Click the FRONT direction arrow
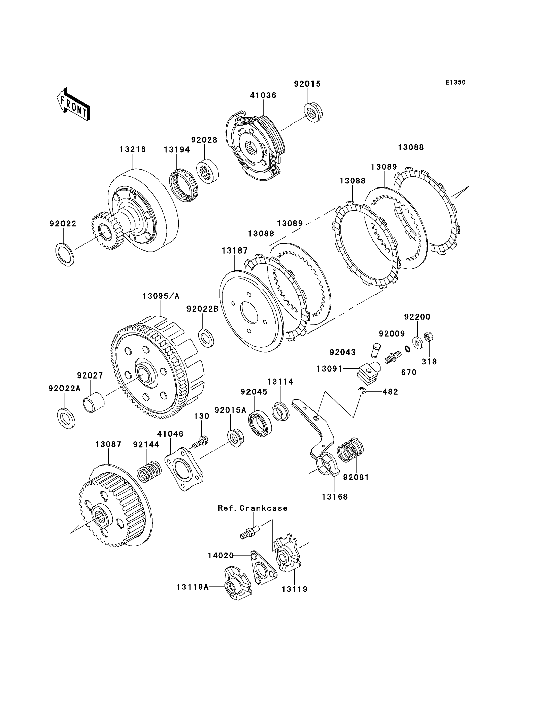pos(73,104)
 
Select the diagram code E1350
pos(456,82)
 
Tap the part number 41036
pos(263,95)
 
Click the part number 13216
pos(133,149)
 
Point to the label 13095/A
pos(161,296)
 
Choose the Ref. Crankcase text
pos(253,508)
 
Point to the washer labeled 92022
pos(65,255)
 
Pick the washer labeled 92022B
pos(206,338)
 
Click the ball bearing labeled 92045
pos(260,424)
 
